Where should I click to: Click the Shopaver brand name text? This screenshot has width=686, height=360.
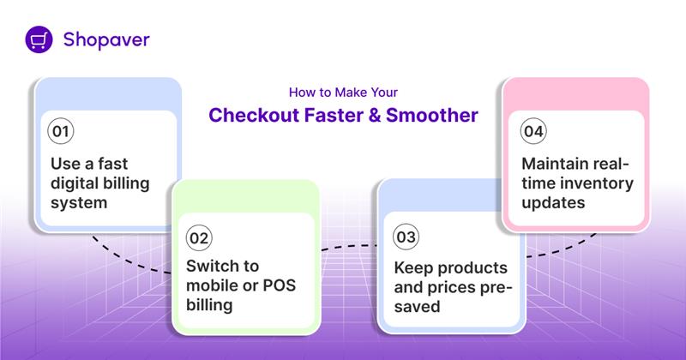[106, 39]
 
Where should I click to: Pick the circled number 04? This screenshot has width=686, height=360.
[533, 132]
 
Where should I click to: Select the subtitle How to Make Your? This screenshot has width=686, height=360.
[343, 91]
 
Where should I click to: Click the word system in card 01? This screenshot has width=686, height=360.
[78, 203]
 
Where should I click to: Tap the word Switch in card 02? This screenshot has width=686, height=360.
[214, 266]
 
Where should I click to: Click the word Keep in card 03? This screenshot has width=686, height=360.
[412, 266]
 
